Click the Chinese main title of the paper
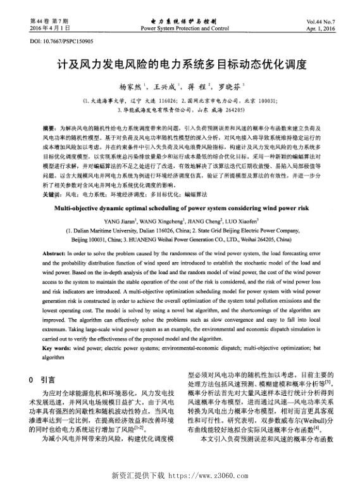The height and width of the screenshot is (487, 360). (180, 65)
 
